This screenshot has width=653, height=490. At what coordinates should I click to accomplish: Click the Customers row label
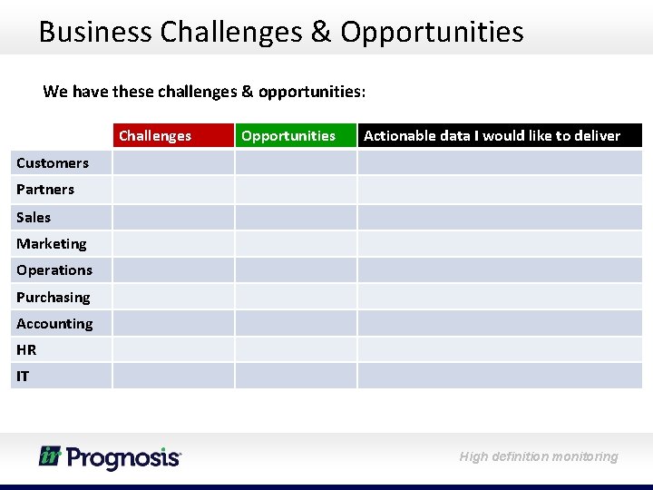coord(53,163)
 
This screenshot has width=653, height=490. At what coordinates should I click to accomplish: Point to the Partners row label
coord(45,190)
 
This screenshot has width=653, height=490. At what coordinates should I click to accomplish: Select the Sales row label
coord(34,217)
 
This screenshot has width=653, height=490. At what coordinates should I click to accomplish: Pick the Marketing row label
coord(52,243)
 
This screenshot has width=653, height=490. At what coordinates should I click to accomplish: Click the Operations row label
coord(54,270)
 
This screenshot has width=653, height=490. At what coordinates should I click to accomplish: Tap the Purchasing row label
coord(54,297)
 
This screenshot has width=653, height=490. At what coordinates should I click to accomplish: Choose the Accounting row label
coord(54,324)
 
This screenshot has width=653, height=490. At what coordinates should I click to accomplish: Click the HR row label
coord(26,350)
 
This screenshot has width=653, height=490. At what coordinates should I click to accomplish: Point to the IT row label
coord(23,376)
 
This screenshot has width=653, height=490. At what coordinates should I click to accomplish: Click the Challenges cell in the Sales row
coord(172,217)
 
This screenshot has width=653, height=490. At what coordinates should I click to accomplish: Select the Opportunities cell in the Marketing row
coord(295,243)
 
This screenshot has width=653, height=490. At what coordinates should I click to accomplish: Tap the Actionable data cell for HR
coord(499,349)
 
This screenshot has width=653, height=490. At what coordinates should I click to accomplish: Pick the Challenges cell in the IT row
coord(172,376)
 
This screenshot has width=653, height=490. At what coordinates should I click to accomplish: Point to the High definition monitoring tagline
coord(539,456)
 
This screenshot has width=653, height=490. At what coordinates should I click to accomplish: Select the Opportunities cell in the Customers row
coord(295,163)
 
